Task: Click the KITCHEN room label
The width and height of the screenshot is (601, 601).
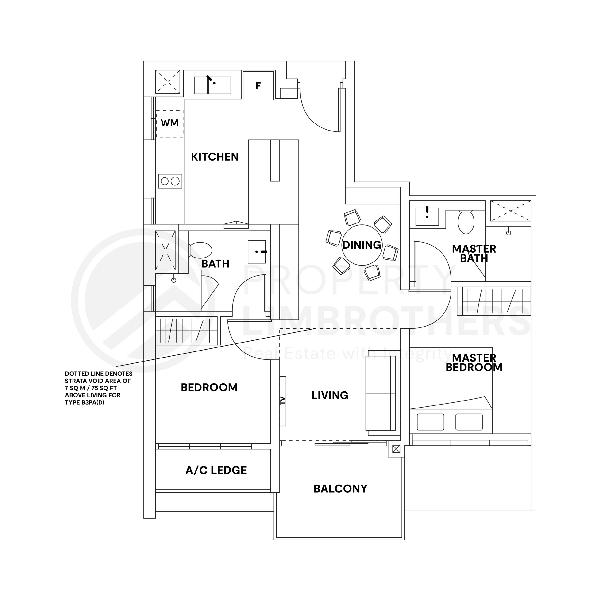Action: [x=215, y=157]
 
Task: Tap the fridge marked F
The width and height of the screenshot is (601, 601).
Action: [x=258, y=85]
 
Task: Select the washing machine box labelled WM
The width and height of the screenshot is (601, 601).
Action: [x=170, y=123]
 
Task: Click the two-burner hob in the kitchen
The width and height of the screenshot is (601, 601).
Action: [x=170, y=181]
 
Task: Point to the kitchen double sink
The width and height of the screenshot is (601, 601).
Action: [x=213, y=85]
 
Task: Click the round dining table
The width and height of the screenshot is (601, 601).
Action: [x=362, y=245]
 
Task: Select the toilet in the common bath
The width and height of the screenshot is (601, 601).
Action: [x=200, y=250]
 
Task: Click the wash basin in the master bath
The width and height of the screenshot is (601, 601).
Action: [x=427, y=216]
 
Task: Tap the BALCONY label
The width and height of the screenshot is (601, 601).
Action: [x=340, y=489]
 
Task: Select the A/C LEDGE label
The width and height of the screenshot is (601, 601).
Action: [x=216, y=470]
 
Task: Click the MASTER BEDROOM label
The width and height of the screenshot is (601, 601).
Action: [x=474, y=363]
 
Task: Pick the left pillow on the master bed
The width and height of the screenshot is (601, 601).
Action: [x=431, y=422]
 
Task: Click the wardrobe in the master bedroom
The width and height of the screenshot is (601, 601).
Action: [x=496, y=301]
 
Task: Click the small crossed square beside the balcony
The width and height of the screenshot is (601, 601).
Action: [x=396, y=449]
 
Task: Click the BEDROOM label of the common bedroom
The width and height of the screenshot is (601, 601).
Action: [x=209, y=387]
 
